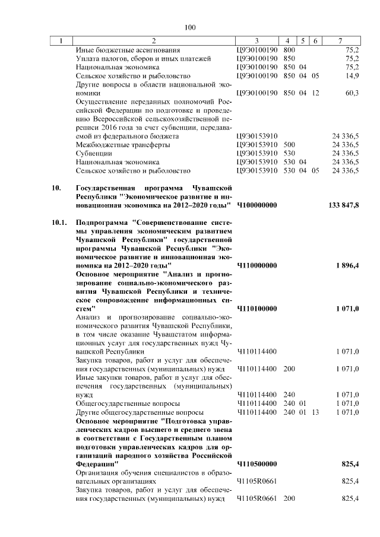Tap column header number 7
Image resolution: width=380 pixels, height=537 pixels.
[339, 40]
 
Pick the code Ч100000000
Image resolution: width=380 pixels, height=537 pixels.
[257, 205]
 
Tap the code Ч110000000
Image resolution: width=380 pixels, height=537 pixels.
[257, 265]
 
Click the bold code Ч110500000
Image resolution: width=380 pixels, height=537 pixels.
[257, 463]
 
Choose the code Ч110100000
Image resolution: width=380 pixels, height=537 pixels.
[257, 309]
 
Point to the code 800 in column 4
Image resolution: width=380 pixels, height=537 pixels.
[290, 50]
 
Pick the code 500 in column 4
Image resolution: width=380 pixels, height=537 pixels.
[290, 144]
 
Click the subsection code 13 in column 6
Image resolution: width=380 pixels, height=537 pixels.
[315, 412]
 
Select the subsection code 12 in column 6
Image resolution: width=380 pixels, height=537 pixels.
[315, 93]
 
